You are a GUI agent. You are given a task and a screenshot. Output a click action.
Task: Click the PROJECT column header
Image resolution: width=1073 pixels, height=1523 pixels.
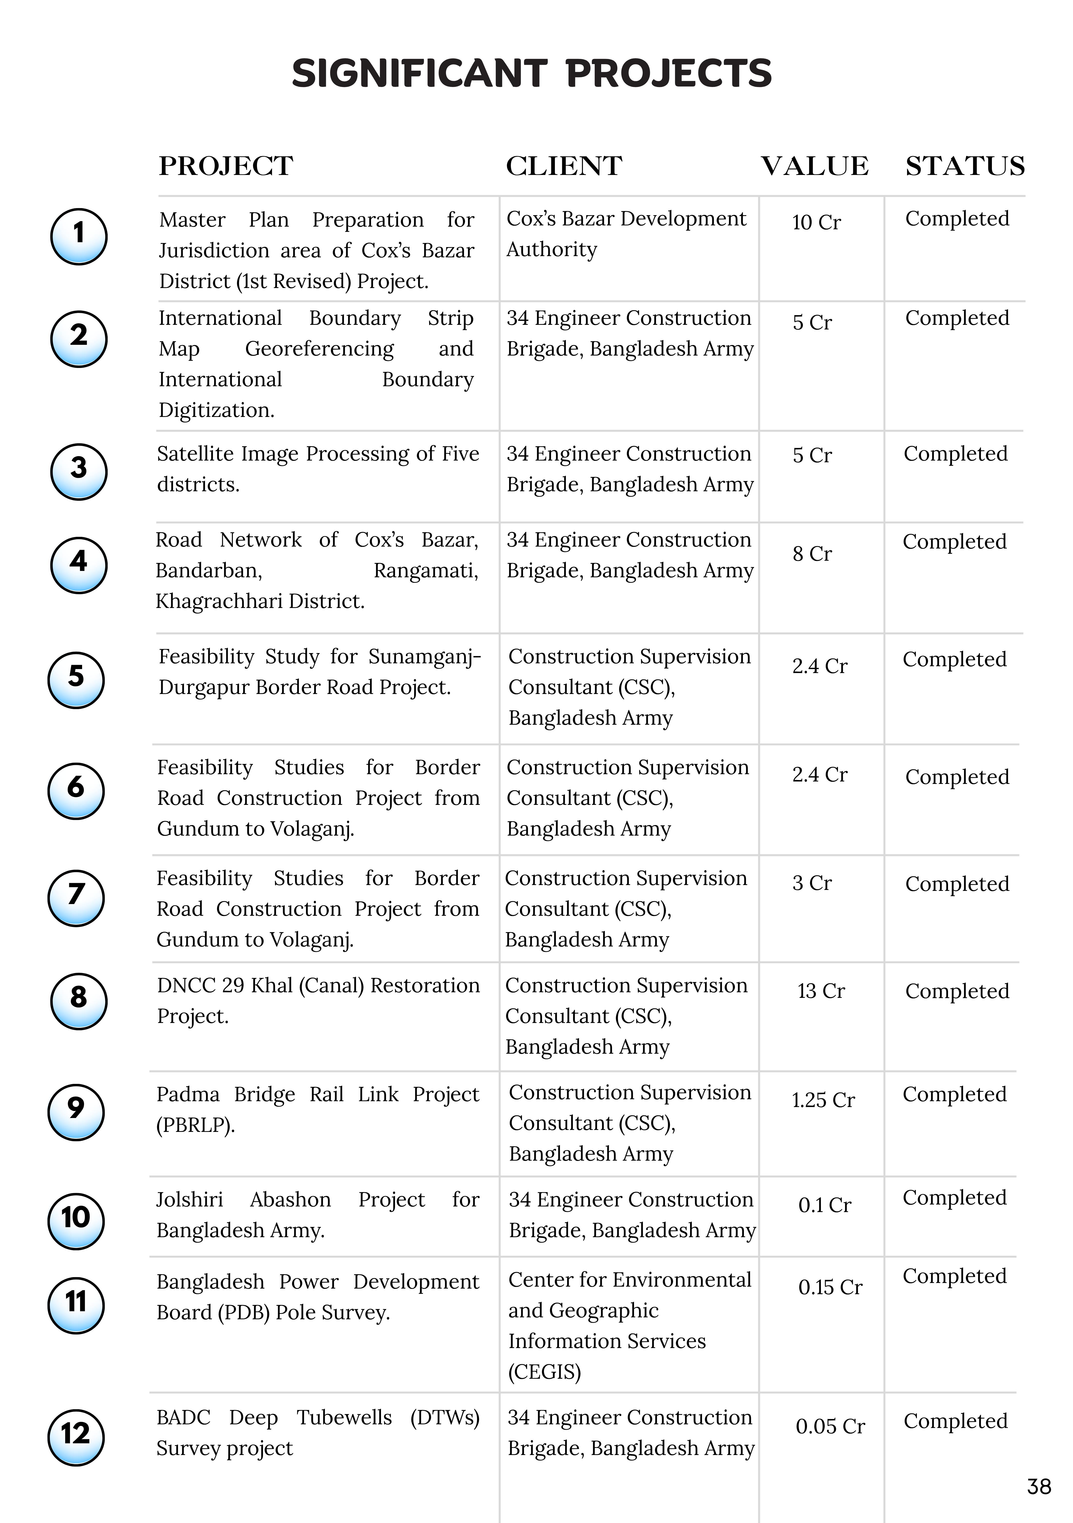(x=226, y=166)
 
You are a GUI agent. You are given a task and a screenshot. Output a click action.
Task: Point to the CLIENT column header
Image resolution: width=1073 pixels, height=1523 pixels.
(x=564, y=166)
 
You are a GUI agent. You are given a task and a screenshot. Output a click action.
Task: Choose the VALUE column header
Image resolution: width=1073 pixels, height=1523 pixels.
(x=814, y=166)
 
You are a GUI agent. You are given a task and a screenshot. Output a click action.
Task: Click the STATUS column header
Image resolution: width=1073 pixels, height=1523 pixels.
(x=965, y=166)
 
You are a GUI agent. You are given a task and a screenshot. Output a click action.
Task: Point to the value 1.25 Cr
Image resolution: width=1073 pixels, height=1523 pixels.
(x=823, y=1100)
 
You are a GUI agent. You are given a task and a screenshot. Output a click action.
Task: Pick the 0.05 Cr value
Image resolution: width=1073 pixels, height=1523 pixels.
(x=830, y=1426)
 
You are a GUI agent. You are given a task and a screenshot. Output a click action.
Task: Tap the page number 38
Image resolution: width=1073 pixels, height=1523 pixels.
(x=1038, y=1486)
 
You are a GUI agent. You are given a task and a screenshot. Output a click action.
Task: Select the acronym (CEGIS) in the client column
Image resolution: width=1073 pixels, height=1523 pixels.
(x=544, y=1371)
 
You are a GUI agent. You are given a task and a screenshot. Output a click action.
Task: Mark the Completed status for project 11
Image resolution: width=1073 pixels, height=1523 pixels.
(x=954, y=1276)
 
